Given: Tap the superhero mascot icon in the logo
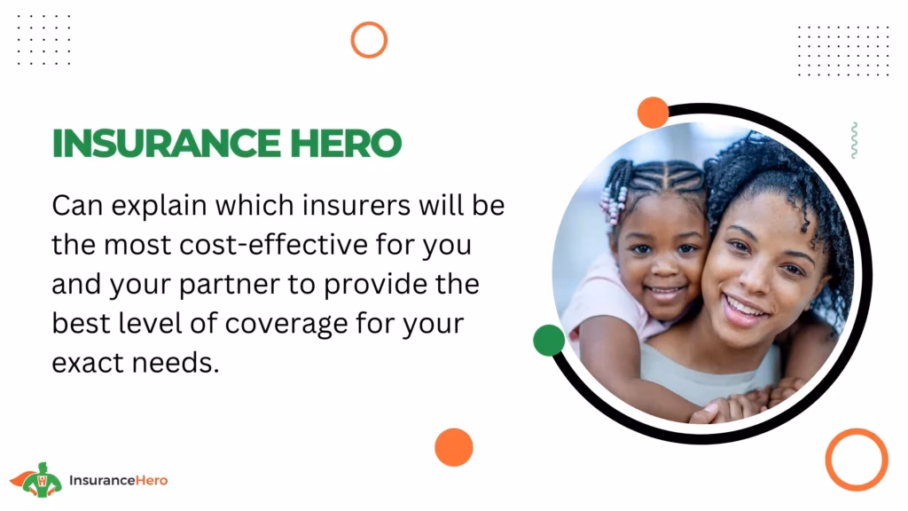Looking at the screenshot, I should [x=36, y=479].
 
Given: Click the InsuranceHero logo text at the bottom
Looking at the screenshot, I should [x=118, y=480].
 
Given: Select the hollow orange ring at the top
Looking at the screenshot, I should [x=369, y=40].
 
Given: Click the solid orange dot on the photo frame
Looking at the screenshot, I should [x=653, y=113].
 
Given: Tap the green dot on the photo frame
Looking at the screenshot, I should [x=549, y=340].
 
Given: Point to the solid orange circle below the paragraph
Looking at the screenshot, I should [x=454, y=447].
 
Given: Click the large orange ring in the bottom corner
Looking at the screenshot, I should [x=857, y=459].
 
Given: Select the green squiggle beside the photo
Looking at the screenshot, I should [x=853, y=140].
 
